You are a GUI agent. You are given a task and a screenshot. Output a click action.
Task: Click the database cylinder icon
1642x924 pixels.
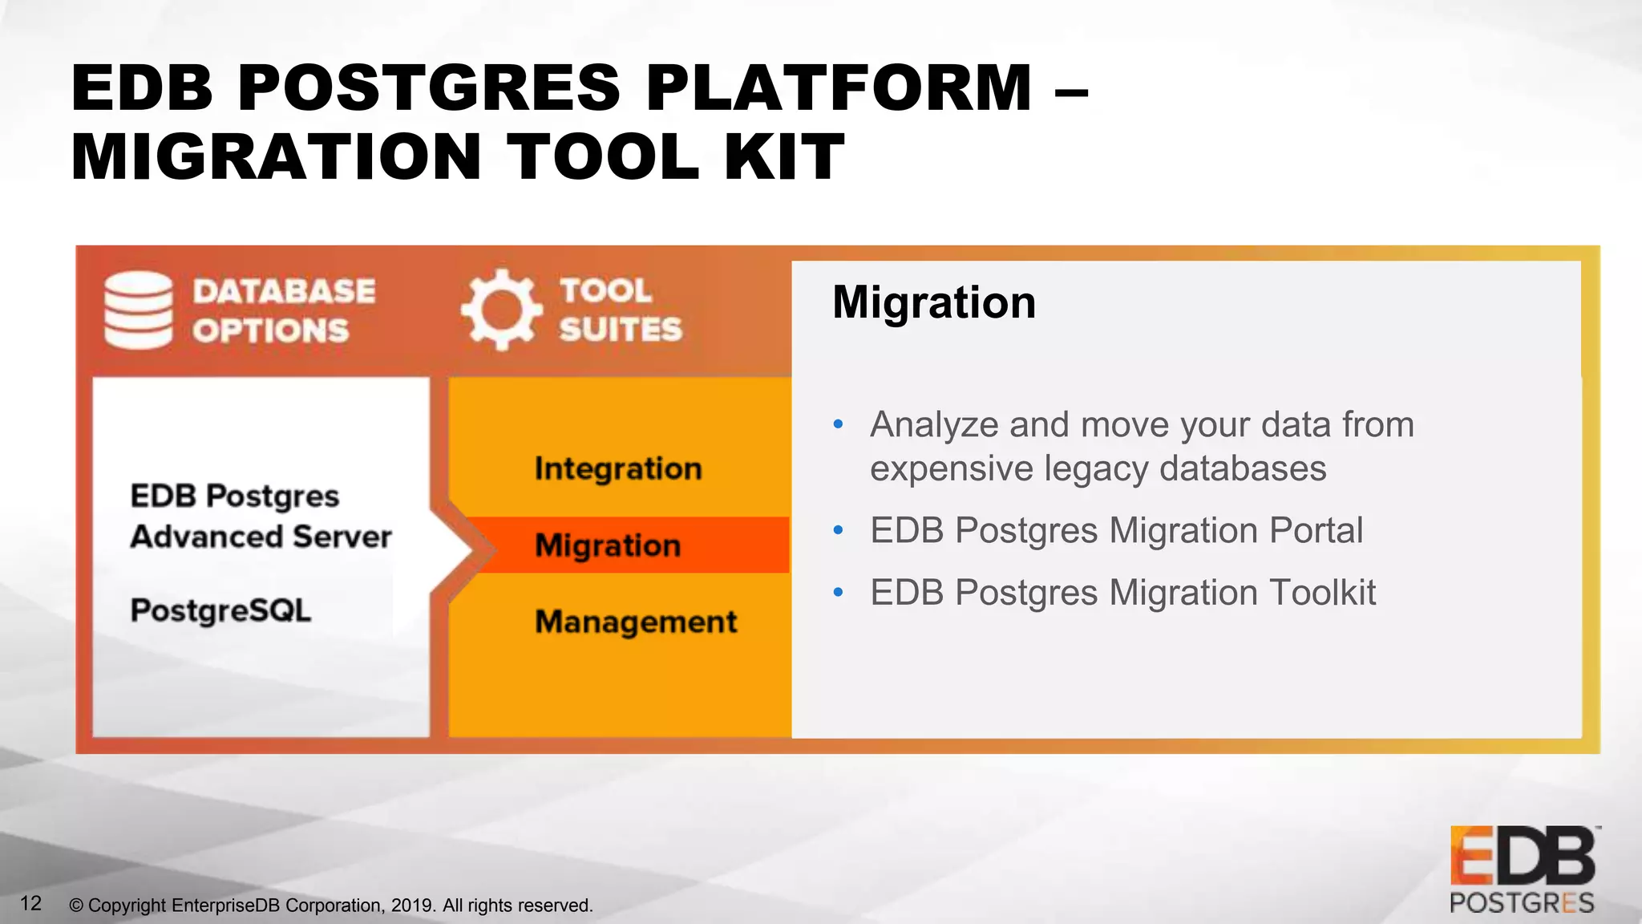(138, 310)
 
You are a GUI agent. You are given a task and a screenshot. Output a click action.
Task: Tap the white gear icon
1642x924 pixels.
(500, 310)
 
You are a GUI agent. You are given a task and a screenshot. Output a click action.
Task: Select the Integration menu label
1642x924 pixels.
(618, 468)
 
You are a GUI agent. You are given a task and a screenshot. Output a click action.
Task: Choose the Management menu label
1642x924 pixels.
(636, 622)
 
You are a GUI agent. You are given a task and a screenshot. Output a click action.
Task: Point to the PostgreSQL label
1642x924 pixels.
(220, 610)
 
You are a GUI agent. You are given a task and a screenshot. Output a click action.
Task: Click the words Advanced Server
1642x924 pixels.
(261, 537)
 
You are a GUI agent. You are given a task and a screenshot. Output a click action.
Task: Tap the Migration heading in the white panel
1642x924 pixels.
(934, 302)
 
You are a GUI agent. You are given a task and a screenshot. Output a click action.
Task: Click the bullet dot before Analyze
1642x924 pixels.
(839, 424)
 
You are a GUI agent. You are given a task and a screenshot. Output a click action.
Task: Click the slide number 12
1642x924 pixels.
(30, 904)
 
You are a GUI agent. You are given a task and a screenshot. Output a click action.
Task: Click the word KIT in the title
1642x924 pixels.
(783, 156)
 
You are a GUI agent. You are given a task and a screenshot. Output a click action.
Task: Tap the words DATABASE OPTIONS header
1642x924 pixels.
(283, 310)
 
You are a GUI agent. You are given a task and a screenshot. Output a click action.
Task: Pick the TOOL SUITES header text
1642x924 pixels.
(620, 310)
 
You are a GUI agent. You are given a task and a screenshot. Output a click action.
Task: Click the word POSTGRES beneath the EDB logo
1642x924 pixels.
(1522, 903)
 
